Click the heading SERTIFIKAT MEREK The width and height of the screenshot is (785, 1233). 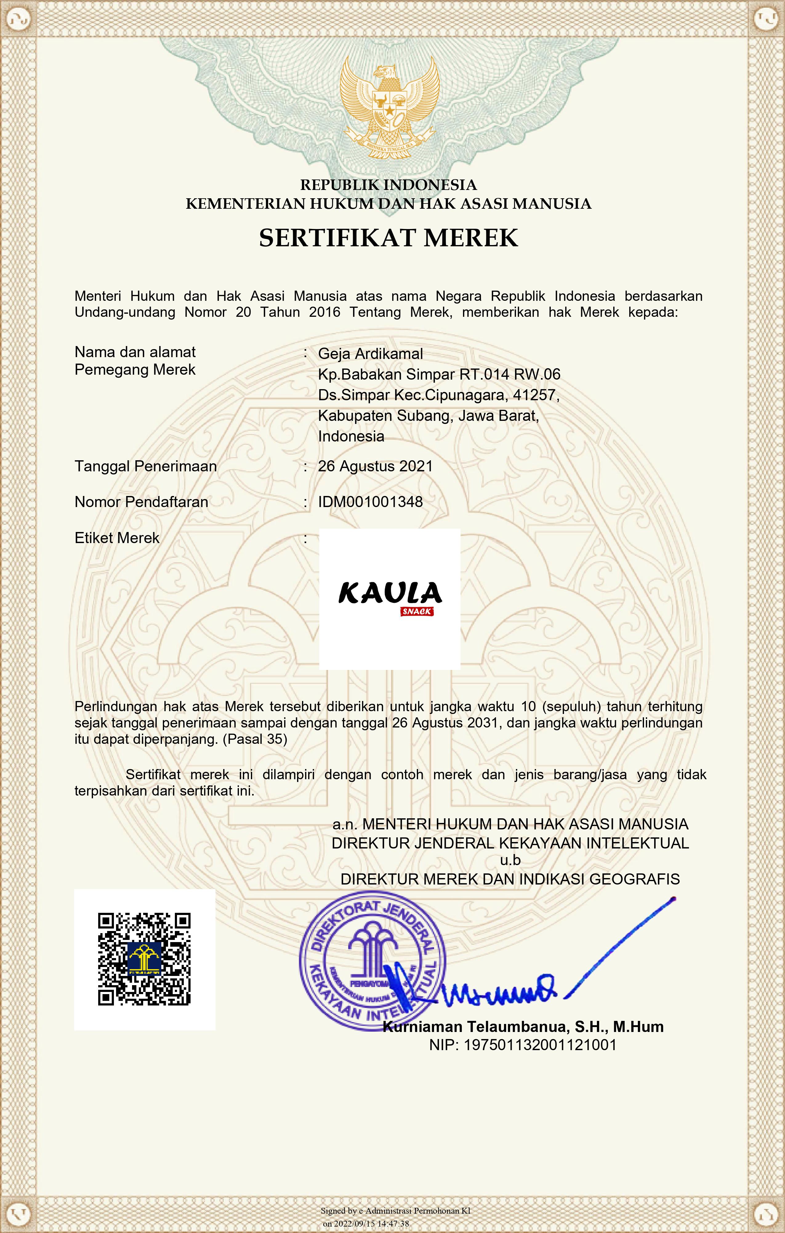click(389, 238)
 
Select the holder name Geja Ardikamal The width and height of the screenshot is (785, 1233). click(370, 354)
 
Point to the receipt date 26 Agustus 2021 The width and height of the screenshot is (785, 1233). click(375, 466)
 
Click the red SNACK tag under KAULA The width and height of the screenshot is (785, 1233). click(417, 611)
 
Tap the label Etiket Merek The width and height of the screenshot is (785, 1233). click(117, 538)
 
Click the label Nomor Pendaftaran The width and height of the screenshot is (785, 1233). click(141, 502)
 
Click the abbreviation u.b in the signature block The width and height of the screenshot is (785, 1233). click(510, 860)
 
